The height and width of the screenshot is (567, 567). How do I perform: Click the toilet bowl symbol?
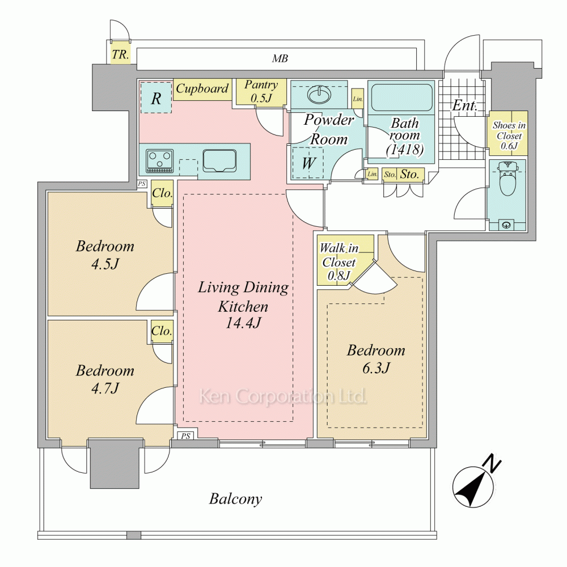(507, 179)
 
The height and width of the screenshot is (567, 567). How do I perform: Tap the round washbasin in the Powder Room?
(319, 95)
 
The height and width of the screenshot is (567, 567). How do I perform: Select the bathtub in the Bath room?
(401, 98)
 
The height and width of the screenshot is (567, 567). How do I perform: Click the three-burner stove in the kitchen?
(160, 162)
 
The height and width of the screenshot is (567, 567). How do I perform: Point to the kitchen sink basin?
(219, 161)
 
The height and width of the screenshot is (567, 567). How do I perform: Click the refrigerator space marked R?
(156, 98)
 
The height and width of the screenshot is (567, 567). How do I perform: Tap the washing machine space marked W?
(308, 163)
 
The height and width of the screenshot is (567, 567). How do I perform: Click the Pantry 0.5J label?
(261, 91)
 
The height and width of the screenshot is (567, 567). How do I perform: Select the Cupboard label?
(202, 88)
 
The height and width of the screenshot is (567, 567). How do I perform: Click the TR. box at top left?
(120, 54)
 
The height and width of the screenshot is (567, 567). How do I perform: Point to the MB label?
(280, 58)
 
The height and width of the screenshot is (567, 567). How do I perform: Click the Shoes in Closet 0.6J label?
(509, 136)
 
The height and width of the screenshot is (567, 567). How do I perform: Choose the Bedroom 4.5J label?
(105, 255)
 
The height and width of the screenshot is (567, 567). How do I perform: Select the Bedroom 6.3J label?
(376, 359)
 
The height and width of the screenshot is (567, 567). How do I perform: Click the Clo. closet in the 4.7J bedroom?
(162, 331)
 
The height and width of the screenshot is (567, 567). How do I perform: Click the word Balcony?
(235, 499)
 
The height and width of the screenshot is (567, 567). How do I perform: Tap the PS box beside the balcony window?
(185, 435)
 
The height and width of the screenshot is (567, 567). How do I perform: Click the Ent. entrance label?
(465, 105)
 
